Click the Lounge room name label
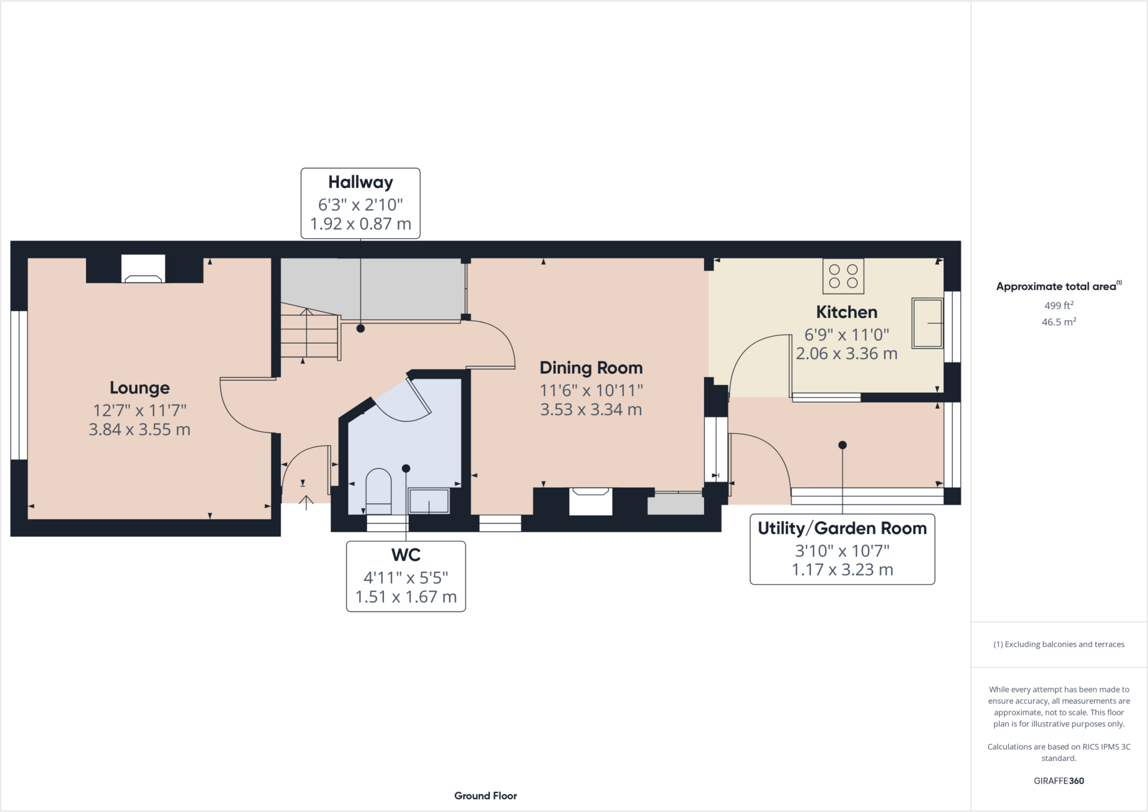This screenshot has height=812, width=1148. pos(140,388)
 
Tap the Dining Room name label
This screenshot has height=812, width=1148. pos(591,368)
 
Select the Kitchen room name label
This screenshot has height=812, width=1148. pos(846,312)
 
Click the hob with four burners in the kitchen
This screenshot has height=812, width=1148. pos(843,276)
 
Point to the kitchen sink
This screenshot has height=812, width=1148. pos(928,323)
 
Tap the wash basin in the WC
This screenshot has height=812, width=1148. pos(429,500)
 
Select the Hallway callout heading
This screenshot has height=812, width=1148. pos(360,182)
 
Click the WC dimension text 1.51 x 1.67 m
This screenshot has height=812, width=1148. pos(406,597)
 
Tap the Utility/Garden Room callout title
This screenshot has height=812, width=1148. pos(842,528)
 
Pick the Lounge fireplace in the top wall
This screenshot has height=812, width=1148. pos(143,270)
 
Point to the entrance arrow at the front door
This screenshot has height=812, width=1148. pos(305,502)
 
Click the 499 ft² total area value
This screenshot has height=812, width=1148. pos(1058,305)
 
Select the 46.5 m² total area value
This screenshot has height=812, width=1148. pos(1058,322)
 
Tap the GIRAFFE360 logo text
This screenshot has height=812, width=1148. pos(1058,781)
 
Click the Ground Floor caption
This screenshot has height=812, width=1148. pos(485,796)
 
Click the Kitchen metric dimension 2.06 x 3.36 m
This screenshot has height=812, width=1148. pos(846,354)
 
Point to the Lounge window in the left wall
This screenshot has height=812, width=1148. pos(19,385)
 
